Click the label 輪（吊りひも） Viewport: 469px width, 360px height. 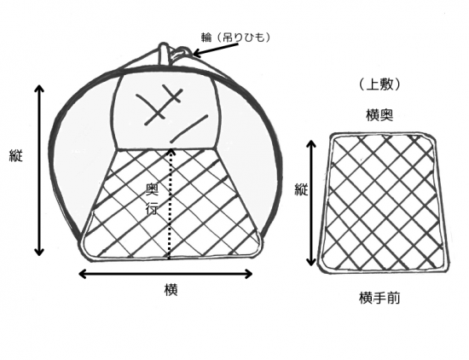click(235, 38)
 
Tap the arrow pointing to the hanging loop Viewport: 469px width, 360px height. click(217, 49)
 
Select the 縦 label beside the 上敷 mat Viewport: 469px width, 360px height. click(301, 189)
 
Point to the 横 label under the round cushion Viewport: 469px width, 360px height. click(171, 290)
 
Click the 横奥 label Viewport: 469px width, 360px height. click(379, 115)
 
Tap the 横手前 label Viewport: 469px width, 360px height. click(379, 298)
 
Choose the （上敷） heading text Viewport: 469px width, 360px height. click(379, 85)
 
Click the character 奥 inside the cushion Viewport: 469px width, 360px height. click(153, 189)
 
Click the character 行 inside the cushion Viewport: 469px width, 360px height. click(152, 209)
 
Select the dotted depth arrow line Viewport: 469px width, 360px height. click(171, 204)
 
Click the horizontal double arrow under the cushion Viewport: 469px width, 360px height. click(165, 274)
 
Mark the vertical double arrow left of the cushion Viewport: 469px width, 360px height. click(39, 171)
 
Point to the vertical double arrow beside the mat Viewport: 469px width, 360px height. click(312, 203)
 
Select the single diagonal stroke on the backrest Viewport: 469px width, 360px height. click(189, 128)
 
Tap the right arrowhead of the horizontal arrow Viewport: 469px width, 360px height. click(249, 274)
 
